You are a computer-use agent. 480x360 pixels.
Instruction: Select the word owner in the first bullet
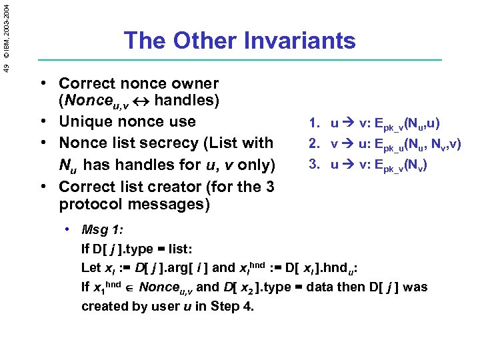[x=194, y=84]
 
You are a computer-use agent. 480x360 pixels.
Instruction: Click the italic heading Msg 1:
[x=101, y=230]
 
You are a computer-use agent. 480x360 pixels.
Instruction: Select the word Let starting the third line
[x=91, y=268]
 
